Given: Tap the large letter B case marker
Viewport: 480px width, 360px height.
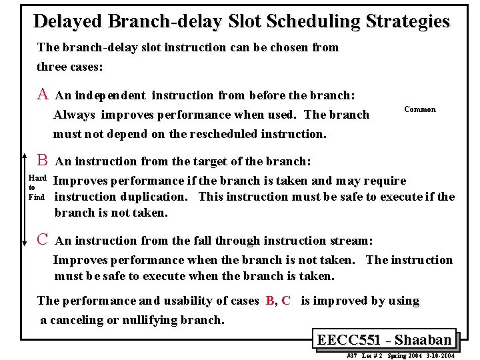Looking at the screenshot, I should (42, 160).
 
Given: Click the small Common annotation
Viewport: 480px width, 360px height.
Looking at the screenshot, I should (420, 109).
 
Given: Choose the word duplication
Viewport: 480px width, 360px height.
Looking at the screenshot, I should (157, 197).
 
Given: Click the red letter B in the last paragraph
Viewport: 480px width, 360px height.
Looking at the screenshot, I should (269, 301).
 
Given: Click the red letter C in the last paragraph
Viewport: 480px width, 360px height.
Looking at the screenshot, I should (286, 301).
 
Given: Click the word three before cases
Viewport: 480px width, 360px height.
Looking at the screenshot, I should (55, 67).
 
